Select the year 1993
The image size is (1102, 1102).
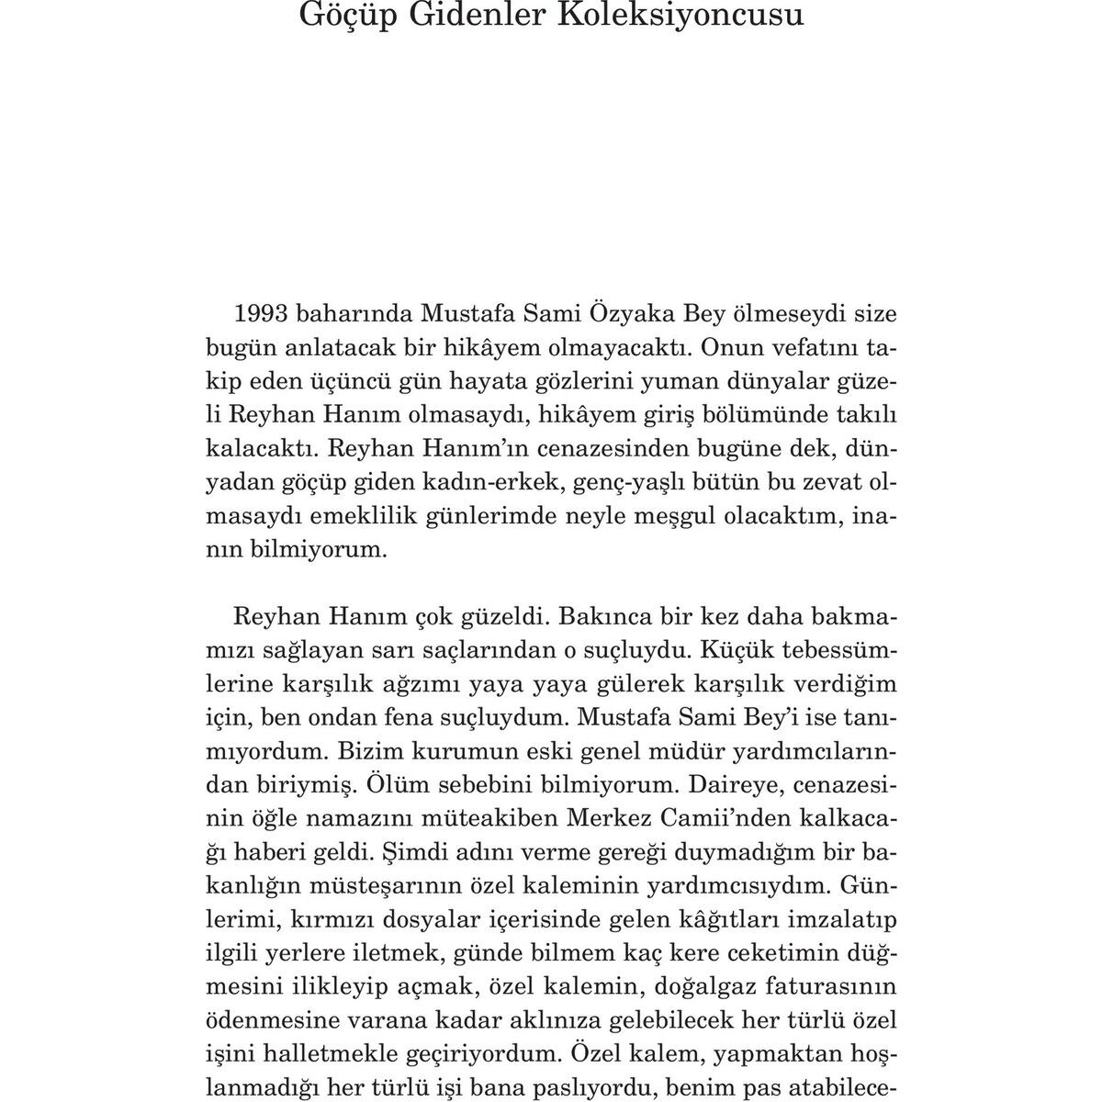click(265, 312)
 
